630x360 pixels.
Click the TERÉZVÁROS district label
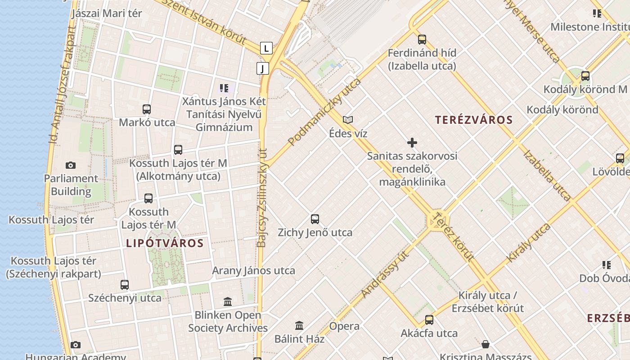click(x=474, y=120)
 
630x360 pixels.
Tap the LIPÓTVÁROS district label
click(x=165, y=243)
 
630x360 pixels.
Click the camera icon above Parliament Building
click(x=71, y=165)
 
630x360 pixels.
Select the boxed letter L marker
click(x=266, y=48)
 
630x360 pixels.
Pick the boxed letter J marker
click(x=263, y=68)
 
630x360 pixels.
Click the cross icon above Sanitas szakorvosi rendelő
click(x=412, y=143)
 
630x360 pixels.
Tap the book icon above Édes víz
click(x=348, y=120)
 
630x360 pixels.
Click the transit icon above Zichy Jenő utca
click(x=315, y=219)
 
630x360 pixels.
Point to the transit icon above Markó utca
click(x=147, y=109)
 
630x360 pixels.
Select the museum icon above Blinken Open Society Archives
click(x=228, y=301)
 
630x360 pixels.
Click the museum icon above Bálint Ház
click(x=299, y=325)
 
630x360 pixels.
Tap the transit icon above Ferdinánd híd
click(x=422, y=39)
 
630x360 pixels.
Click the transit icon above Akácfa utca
click(x=429, y=320)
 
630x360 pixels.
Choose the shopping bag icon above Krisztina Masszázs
click(x=486, y=345)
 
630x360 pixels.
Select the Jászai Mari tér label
click(x=107, y=13)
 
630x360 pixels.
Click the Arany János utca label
click(x=253, y=270)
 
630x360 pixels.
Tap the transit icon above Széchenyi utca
click(x=125, y=284)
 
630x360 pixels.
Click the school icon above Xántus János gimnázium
click(x=224, y=88)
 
